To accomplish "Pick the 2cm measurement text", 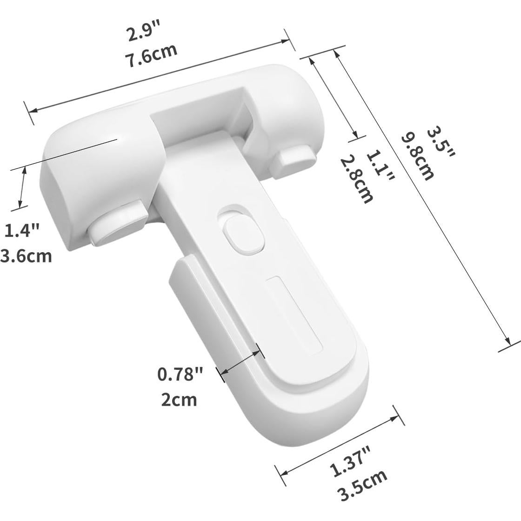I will [x=179, y=399].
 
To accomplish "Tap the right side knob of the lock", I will [x=294, y=159].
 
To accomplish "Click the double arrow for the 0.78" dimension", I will [x=240, y=361].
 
